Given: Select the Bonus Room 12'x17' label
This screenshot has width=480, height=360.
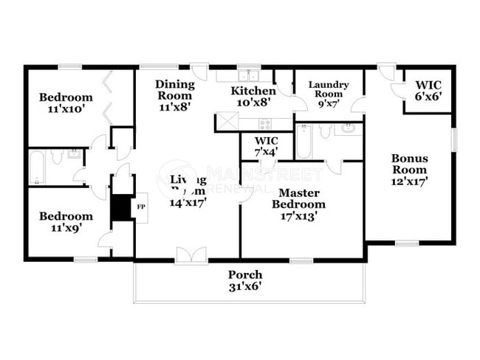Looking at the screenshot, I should click(x=409, y=169).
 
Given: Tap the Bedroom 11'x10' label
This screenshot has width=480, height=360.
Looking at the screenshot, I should click(x=66, y=103).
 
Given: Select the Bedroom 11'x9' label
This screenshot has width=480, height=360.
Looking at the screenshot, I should click(x=66, y=222).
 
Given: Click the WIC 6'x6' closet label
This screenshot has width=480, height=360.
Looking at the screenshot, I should click(x=428, y=91).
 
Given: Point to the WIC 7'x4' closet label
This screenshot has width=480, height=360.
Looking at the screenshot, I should click(x=266, y=146).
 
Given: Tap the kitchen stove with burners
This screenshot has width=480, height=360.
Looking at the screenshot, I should click(x=264, y=121).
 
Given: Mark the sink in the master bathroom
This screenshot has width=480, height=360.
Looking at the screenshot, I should click(x=348, y=129).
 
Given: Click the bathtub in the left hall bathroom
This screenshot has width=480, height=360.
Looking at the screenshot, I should click(x=36, y=167).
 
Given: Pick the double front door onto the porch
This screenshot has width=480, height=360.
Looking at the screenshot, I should click(x=191, y=255).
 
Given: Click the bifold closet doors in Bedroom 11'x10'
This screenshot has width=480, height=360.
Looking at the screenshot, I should click(x=109, y=97).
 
